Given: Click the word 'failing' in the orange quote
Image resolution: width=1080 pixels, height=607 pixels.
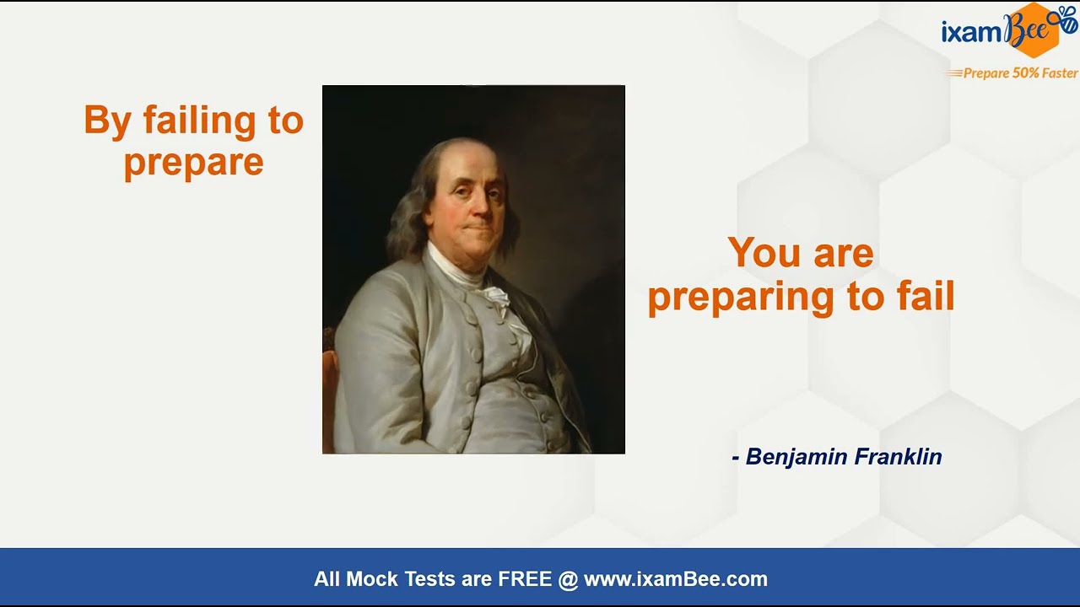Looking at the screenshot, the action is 198,121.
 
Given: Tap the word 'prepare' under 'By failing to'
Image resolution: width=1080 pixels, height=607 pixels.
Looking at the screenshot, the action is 194,164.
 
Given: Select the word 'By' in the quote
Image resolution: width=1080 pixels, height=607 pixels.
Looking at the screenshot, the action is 108,121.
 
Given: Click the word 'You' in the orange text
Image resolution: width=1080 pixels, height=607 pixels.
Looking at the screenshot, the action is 767,252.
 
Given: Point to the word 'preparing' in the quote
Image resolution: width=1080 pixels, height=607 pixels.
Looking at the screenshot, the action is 741,298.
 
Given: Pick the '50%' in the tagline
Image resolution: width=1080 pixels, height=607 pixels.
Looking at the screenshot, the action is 1025,73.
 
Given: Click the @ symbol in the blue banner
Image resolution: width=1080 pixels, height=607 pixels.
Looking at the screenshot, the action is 568,579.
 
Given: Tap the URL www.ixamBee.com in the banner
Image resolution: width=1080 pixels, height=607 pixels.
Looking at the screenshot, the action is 676,579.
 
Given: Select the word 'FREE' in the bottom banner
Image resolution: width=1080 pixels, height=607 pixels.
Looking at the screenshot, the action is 525,578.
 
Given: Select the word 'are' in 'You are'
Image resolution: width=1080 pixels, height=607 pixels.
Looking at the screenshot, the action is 844,255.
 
